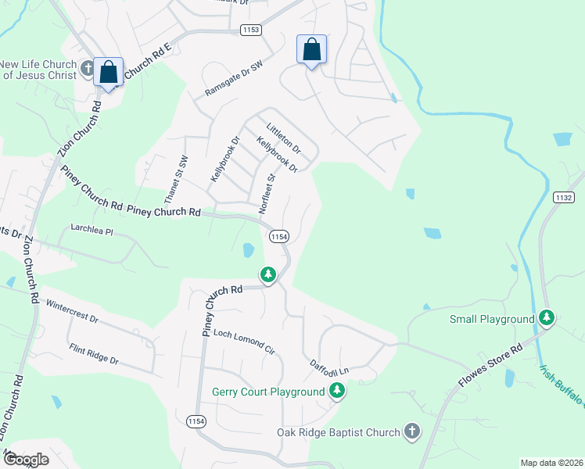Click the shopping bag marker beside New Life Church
click(109, 72)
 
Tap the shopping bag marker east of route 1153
click(311, 49)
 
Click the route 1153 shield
click(250, 30)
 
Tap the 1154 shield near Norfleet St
click(279, 235)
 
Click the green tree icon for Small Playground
click(548, 318)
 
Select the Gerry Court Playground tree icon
click(337, 391)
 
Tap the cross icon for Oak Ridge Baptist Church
click(411, 431)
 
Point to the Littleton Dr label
click(283, 138)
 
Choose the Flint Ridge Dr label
click(93, 354)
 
